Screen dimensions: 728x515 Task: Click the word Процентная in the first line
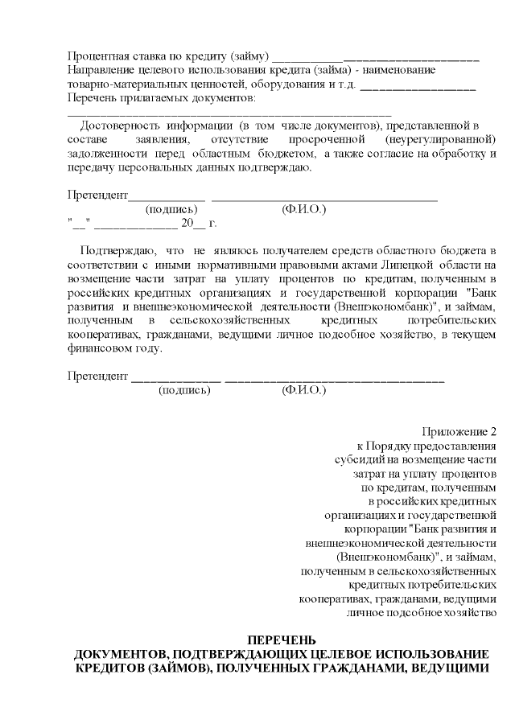[x=97, y=56]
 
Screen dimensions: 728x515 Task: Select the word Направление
[x=101, y=70]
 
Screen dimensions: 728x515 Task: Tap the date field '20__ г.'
[x=199, y=223]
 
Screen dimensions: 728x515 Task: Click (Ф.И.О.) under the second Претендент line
[x=303, y=389]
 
